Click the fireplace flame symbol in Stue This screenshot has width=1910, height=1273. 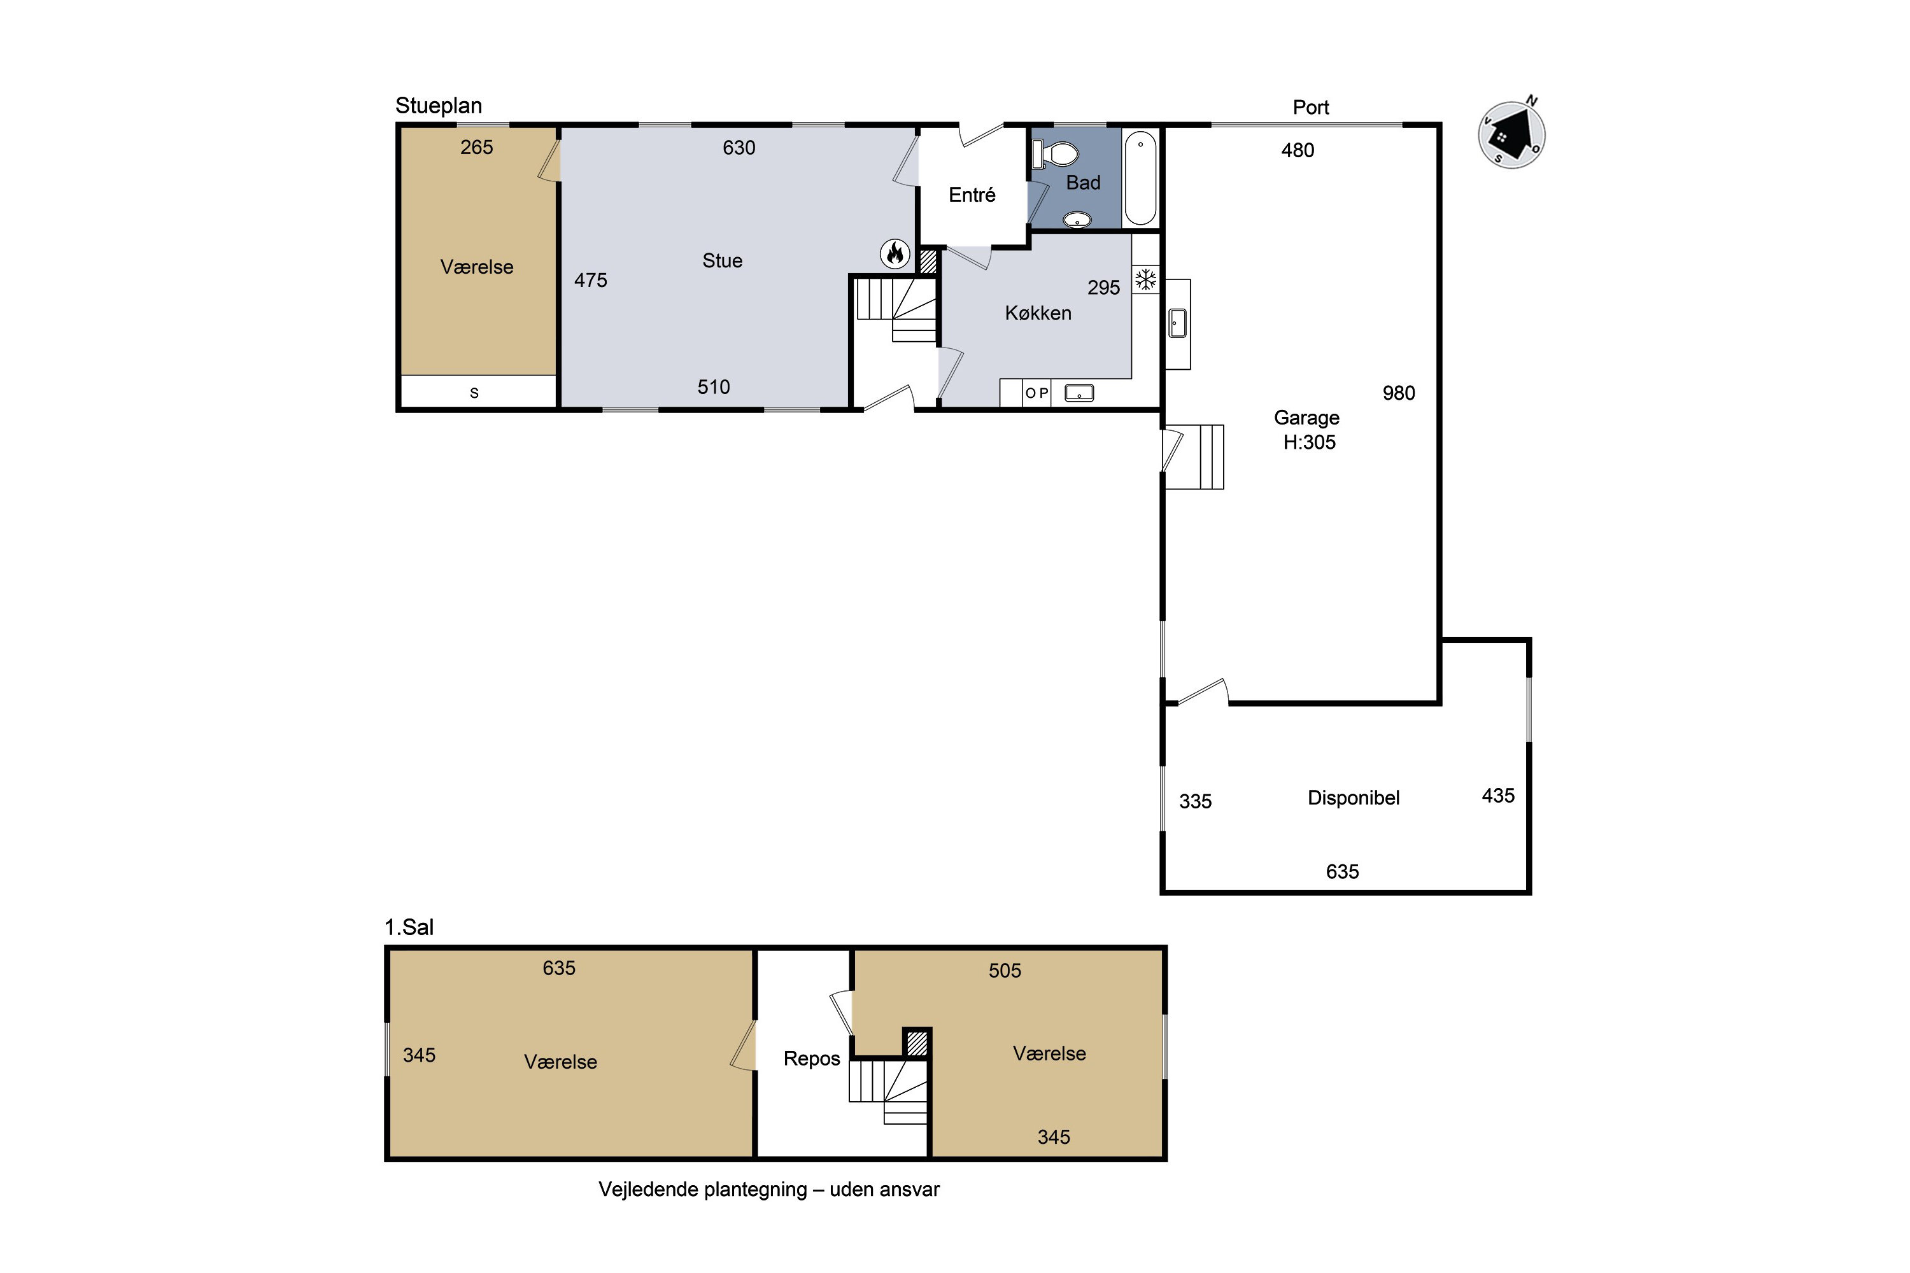(895, 253)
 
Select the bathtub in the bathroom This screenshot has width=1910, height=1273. (1140, 178)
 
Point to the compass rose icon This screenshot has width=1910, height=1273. (1511, 134)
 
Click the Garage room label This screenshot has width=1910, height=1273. (1306, 418)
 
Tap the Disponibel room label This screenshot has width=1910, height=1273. (1353, 798)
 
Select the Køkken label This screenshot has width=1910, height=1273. (1038, 313)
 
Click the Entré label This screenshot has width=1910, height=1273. (972, 194)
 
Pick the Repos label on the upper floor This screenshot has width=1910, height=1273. (811, 1058)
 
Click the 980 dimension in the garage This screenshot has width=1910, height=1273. (1398, 393)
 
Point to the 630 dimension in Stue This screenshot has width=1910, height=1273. (739, 148)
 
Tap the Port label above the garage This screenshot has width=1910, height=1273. (1311, 107)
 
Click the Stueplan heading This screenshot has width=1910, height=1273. (439, 106)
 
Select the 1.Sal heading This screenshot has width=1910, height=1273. (409, 927)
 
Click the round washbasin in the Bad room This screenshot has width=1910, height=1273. (1077, 218)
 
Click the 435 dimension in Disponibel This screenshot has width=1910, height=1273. (1498, 796)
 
